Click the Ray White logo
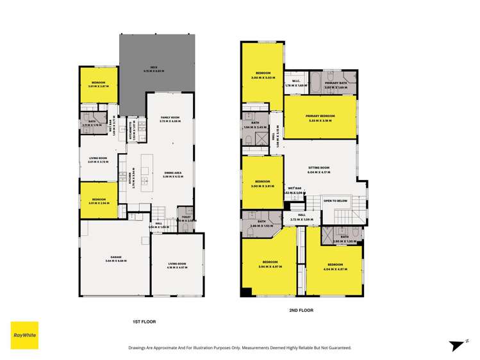tap(24, 335)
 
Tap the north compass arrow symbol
tap(456, 344)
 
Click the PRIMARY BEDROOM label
tap(320, 115)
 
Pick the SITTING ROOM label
tap(319, 169)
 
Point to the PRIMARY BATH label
tap(336, 83)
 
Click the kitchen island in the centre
tap(146, 171)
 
